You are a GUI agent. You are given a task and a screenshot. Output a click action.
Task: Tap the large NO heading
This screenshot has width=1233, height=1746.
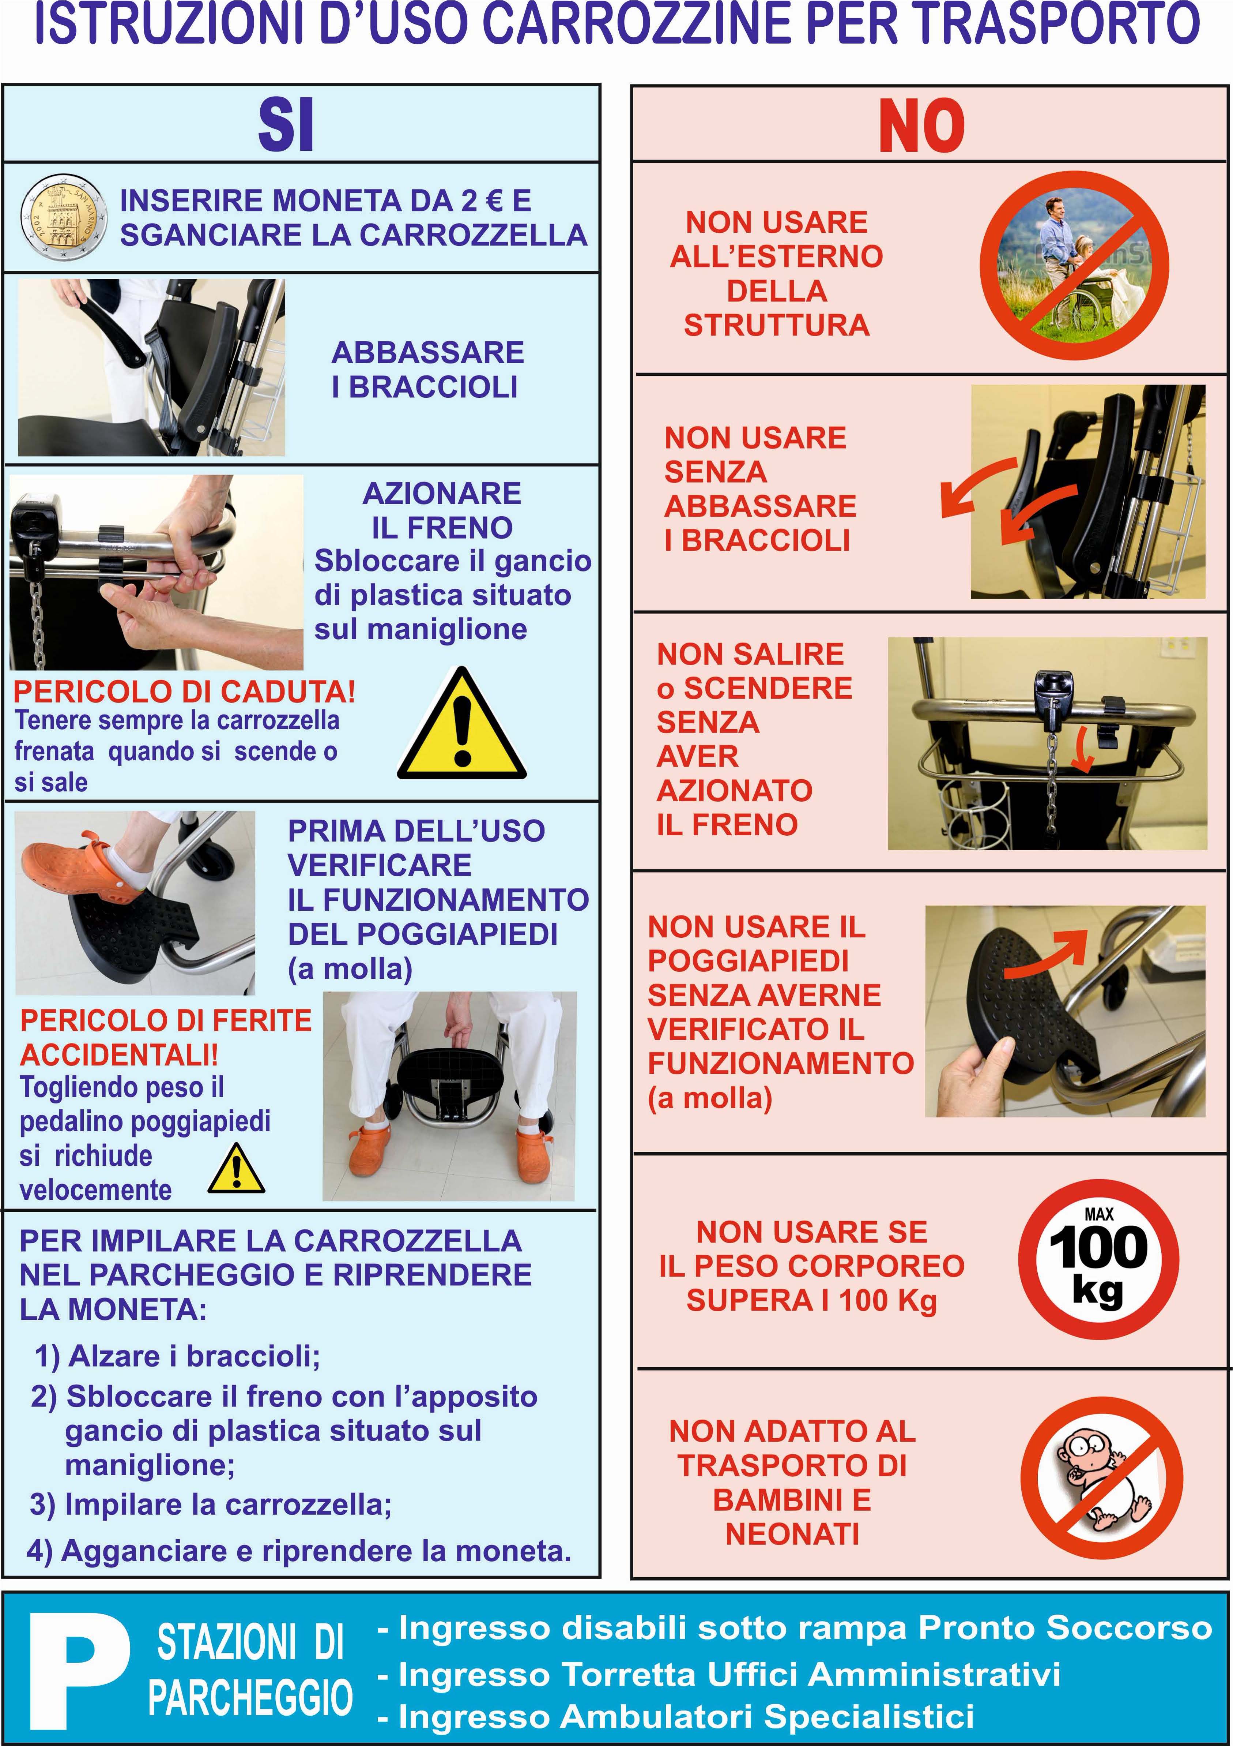coord(921,125)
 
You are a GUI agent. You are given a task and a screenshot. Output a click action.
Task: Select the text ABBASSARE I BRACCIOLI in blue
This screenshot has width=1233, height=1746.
coord(427,370)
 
